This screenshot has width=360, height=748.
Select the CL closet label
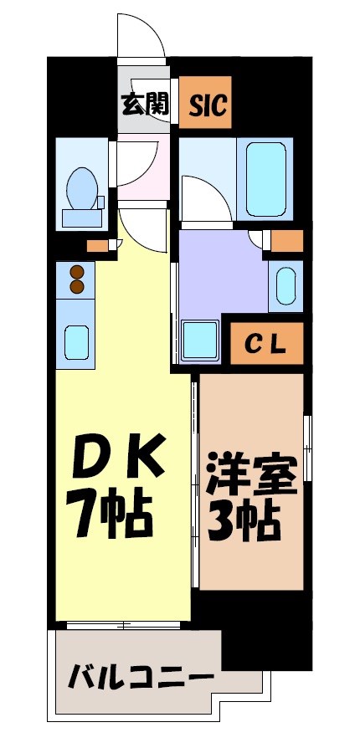click(265, 342)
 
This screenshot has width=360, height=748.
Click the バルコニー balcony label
click(139, 675)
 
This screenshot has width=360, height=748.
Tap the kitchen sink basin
click(79, 343)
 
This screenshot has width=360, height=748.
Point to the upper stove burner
click(77, 271)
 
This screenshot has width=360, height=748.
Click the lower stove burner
click(77, 287)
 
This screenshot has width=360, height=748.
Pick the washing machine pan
click(200, 339)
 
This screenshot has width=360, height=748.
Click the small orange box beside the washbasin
click(287, 242)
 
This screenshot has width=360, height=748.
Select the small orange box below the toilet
click(98, 246)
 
